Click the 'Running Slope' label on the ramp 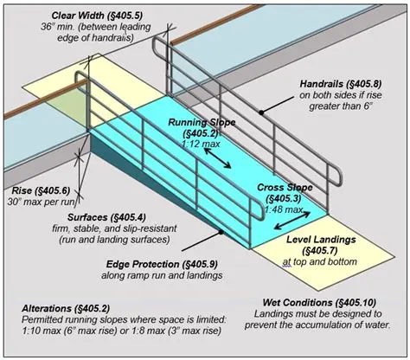pyautogui.click(x=201, y=123)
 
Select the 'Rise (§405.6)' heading pyautogui.click(x=41, y=190)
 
